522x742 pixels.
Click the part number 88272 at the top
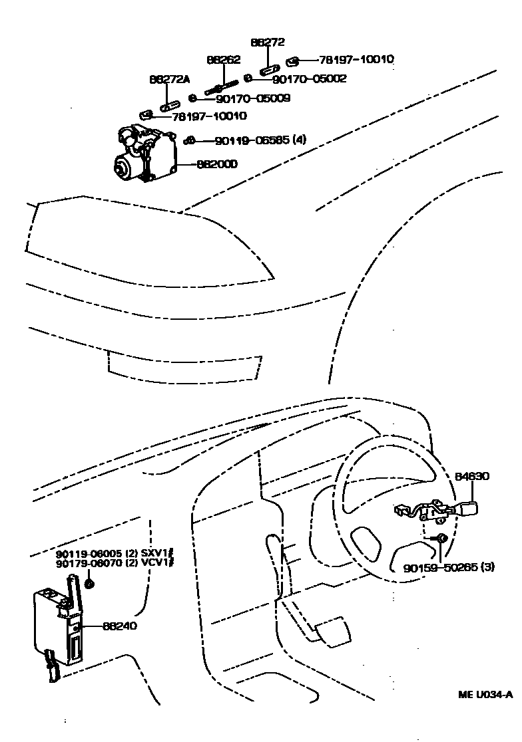(268, 42)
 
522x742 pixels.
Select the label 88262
(223, 59)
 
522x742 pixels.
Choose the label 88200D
(217, 163)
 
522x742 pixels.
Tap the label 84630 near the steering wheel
(472, 476)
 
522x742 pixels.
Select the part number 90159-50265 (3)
(448, 568)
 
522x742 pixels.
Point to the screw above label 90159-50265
(440, 538)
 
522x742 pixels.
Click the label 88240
(121, 626)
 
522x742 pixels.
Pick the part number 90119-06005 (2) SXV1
(114, 554)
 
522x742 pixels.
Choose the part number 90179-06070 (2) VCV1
(114, 564)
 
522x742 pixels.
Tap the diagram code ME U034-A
(485, 695)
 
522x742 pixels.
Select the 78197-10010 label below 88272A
(209, 116)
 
